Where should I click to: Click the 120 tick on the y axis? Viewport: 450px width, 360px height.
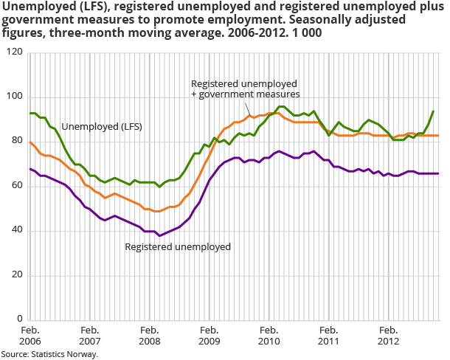15,53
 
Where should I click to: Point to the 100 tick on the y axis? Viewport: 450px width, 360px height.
15,97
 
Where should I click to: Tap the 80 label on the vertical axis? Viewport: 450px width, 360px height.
17,142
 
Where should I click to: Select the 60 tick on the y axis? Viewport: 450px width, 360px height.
17,186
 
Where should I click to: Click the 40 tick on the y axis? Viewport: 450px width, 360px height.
17,230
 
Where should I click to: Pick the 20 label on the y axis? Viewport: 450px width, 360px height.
17,274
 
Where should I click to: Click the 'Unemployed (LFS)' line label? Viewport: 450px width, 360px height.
102,126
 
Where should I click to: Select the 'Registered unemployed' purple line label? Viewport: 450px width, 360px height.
178,246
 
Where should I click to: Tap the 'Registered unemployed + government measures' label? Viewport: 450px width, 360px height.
245,89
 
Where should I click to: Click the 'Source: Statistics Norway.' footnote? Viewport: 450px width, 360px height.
49,354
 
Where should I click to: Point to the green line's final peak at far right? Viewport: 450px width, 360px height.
432,111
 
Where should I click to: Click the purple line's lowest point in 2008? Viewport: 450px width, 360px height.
159,235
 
